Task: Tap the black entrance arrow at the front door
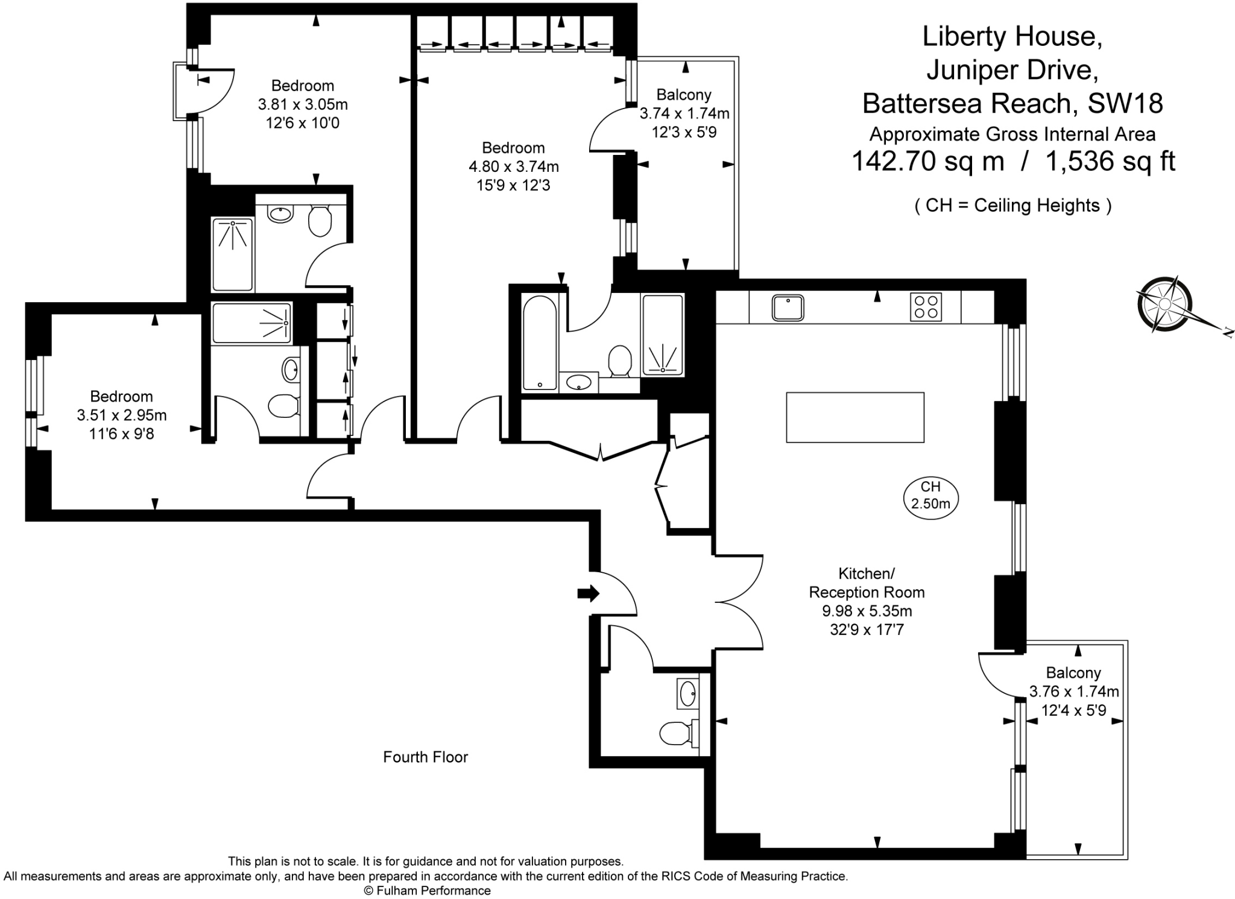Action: tap(589, 593)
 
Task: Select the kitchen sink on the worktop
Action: tap(788, 308)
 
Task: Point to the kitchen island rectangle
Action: tap(855, 417)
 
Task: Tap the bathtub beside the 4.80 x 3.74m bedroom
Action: tap(540, 342)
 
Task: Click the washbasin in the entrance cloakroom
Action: tap(687, 693)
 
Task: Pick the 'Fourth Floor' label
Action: tap(425, 757)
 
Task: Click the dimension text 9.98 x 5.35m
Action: tap(867, 611)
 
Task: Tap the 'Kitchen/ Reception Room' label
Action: tap(867, 582)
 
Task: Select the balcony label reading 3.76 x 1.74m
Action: tap(1074, 691)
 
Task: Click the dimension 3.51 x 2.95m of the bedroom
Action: tap(122, 415)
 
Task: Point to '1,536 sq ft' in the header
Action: tap(1110, 162)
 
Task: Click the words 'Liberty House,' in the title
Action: tap(1012, 36)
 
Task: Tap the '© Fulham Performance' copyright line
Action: tap(427, 891)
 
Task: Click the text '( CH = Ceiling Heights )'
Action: tap(1013, 206)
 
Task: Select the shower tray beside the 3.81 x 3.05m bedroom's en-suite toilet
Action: tap(232, 254)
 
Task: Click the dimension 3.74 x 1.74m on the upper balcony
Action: tap(684, 113)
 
